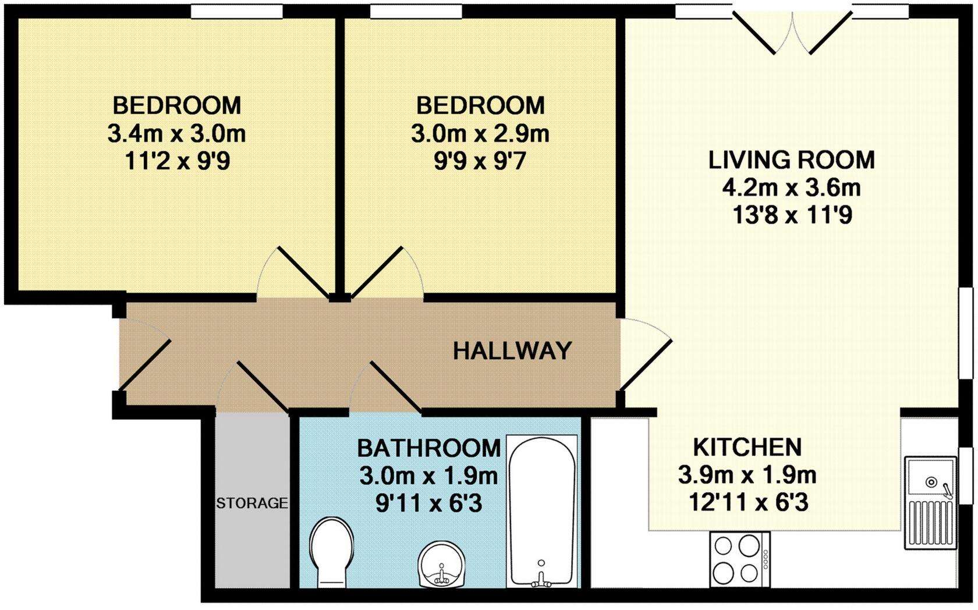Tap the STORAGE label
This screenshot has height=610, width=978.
pos(251,503)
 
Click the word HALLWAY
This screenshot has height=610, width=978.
pos(512,351)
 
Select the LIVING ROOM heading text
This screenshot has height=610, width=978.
pos(791,160)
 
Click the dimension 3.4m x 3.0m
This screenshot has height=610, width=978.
pos(176,134)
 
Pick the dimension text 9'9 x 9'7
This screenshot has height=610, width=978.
pos(480,161)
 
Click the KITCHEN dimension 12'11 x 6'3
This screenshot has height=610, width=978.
pos(748,502)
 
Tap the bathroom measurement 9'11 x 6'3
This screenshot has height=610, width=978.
pos(428,503)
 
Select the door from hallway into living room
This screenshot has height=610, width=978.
pos(646,355)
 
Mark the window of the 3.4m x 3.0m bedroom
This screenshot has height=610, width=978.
pos(237,11)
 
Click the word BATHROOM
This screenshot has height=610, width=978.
pos(428,448)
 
